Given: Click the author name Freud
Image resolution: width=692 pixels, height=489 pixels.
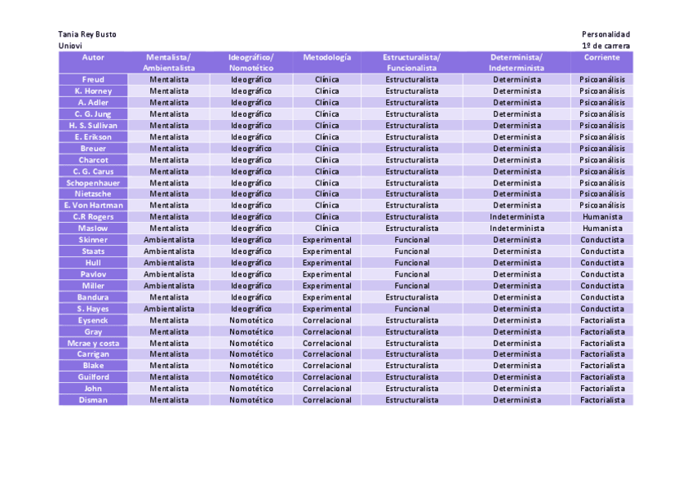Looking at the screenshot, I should (93, 80).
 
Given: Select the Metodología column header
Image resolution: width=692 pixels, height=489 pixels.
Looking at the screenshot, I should (326, 58).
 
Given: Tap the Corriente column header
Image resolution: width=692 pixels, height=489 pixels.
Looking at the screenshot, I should (601, 58).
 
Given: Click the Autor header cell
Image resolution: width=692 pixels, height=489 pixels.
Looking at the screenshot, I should (93, 58).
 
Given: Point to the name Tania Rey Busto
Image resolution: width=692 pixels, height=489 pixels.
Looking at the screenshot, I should (87, 34).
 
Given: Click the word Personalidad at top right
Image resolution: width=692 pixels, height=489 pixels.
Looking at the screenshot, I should (605, 34).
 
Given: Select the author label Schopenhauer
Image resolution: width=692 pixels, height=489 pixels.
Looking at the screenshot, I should (93, 183).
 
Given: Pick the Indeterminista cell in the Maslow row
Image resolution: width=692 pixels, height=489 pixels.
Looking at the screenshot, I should (517, 229).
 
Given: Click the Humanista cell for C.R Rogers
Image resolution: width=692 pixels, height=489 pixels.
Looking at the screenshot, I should (602, 217).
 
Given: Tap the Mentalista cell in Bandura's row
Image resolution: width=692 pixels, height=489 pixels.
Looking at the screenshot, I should (169, 297).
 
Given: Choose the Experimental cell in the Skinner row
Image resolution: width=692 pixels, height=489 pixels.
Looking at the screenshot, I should (326, 240).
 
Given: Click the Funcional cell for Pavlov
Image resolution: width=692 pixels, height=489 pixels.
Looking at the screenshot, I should (412, 274).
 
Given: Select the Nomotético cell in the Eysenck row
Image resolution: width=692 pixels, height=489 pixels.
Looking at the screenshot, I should (251, 320).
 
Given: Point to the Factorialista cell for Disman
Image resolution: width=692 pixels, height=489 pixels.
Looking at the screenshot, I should (602, 400).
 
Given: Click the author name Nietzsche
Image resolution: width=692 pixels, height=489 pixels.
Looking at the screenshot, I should (93, 194).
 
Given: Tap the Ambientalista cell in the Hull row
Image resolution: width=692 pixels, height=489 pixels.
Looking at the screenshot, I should (169, 263).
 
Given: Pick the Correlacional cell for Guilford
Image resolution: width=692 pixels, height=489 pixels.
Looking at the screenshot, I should (326, 377).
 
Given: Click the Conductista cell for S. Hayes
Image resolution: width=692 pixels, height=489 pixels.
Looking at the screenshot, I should (602, 309).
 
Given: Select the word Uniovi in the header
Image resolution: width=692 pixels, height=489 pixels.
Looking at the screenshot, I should (70, 47).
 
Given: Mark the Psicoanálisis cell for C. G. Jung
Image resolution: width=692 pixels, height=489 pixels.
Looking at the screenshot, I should (602, 114).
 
